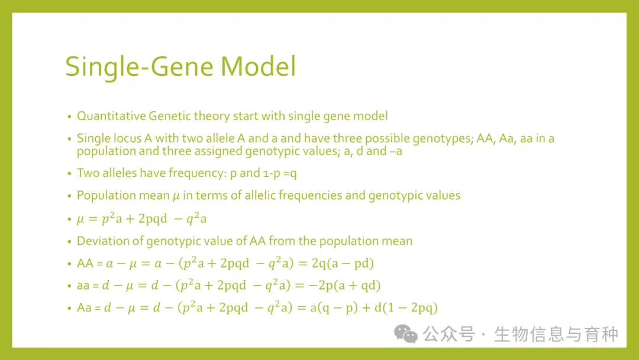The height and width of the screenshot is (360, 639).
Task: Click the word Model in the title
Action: pyautogui.click(x=258, y=66)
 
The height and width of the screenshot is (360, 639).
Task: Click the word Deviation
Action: pyautogui.click(x=101, y=241)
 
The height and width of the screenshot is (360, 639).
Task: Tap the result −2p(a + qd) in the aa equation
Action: pyautogui.click(x=344, y=285)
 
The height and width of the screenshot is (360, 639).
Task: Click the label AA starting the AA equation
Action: pyautogui.click(x=85, y=263)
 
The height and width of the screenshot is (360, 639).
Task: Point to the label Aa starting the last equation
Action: pyautogui.click(x=84, y=308)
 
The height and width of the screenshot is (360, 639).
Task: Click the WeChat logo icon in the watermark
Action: pyautogui.click(x=405, y=334)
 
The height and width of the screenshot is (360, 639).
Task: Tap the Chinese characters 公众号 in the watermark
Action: pyautogui.click(x=448, y=335)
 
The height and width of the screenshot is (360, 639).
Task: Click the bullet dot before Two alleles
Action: pyautogui.click(x=70, y=173)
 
